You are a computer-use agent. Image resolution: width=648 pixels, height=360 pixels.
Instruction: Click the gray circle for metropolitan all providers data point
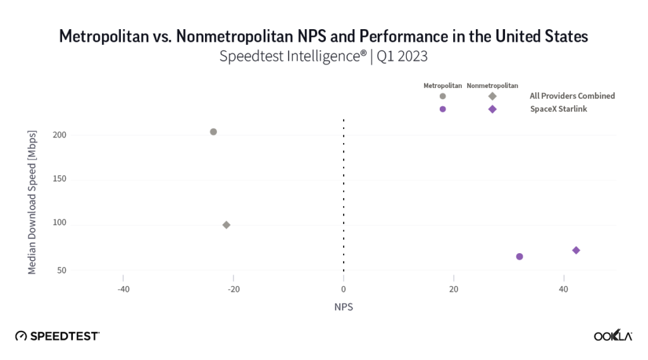(x=213, y=132)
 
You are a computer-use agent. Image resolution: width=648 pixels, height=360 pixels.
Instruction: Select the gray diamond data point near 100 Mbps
(x=227, y=225)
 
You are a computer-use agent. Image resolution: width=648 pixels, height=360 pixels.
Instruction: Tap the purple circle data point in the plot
(x=520, y=256)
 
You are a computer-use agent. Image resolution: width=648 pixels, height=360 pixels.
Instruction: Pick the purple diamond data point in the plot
(x=576, y=251)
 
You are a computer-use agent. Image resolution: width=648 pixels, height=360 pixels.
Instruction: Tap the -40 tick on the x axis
(x=123, y=289)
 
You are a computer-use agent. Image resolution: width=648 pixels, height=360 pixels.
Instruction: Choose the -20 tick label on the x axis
(x=234, y=289)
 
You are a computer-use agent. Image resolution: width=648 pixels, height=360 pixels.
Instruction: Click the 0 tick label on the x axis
(x=344, y=289)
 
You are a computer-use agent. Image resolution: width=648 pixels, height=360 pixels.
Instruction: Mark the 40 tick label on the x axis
(x=563, y=289)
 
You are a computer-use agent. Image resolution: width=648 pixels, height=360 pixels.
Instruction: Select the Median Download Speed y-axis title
(x=32, y=202)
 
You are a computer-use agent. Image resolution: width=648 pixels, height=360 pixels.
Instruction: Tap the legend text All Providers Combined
(x=572, y=96)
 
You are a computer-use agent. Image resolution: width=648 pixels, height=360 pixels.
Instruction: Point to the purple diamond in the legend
(x=492, y=109)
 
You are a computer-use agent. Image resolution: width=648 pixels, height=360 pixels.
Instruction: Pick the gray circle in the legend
(x=442, y=96)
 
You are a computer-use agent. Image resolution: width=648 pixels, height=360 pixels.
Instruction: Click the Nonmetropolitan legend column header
(x=492, y=85)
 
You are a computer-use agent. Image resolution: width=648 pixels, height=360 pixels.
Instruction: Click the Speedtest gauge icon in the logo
(x=21, y=336)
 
